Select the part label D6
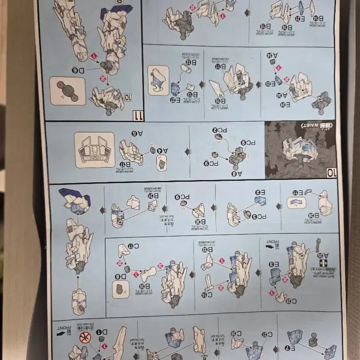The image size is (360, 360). (x=77, y=70)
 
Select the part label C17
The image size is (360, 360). (x=133, y=246)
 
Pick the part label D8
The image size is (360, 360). (x=120, y=276)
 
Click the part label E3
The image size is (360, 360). (x=274, y=264)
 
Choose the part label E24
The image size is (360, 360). (x=285, y=105)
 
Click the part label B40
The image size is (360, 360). (x=220, y=101)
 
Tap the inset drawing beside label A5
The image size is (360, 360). (x=95, y=150)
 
